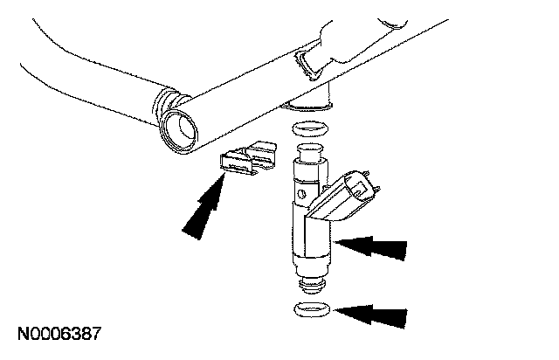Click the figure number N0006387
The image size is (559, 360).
(x=59, y=334)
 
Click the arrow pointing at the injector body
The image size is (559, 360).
(x=370, y=247)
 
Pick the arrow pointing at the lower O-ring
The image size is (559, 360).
(x=370, y=315)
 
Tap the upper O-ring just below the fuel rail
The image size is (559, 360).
(x=310, y=128)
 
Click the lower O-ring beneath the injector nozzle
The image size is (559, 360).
(x=312, y=309)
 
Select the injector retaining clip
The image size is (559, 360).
(x=248, y=158)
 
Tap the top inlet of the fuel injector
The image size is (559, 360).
(x=310, y=152)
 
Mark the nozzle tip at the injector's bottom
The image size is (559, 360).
(x=313, y=285)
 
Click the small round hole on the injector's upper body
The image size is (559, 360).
(x=301, y=194)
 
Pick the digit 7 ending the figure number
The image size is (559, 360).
(x=96, y=334)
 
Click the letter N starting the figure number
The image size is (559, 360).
(x=24, y=334)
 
